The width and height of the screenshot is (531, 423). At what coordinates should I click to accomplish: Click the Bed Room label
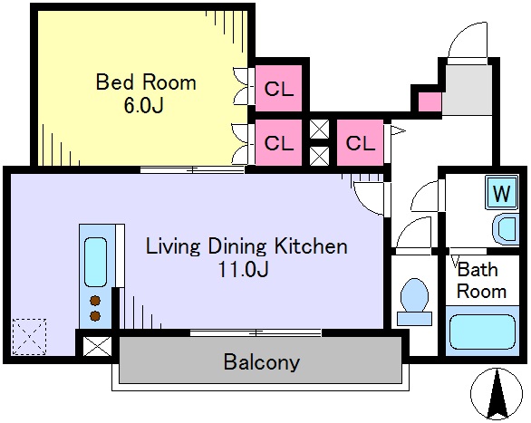click(x=146, y=82)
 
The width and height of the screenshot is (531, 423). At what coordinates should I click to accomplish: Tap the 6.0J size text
click(x=144, y=106)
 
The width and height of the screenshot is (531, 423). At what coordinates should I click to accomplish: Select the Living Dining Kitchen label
click(x=246, y=246)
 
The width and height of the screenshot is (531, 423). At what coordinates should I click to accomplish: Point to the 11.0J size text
click(x=243, y=270)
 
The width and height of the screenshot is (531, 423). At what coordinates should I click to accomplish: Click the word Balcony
click(x=262, y=362)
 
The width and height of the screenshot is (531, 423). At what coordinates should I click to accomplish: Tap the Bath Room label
click(x=481, y=281)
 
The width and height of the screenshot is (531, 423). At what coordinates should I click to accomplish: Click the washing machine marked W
click(x=501, y=193)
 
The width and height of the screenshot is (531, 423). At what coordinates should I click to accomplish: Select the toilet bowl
click(x=414, y=302)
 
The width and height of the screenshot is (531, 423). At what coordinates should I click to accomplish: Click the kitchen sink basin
click(x=95, y=262)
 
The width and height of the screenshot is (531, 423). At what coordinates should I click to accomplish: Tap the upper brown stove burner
click(x=95, y=301)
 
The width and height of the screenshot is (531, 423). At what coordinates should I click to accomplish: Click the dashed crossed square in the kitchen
click(x=29, y=337)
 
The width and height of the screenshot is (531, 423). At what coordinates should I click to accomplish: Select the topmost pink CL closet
click(x=278, y=89)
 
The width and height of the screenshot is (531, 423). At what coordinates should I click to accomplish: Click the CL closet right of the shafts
click(x=360, y=143)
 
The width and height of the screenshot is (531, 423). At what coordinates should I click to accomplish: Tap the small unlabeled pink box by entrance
click(x=430, y=101)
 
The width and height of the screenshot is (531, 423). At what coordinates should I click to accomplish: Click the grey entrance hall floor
click(x=468, y=90)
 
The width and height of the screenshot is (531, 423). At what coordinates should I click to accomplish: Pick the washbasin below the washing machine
click(x=506, y=229)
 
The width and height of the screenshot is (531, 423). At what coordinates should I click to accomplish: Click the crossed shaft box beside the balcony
click(x=98, y=346)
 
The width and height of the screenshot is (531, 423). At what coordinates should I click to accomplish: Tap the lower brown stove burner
click(x=95, y=316)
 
